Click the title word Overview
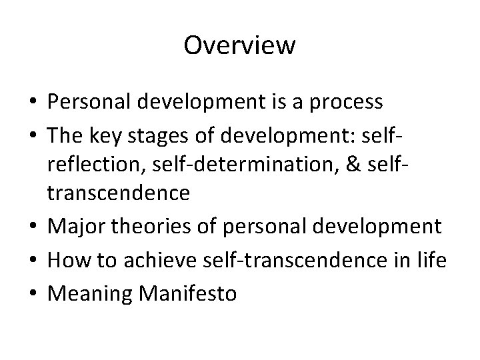(x=239, y=46)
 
